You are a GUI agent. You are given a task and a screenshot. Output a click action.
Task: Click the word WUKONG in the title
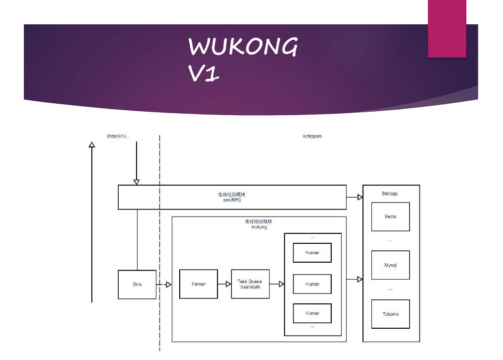pos(243,48)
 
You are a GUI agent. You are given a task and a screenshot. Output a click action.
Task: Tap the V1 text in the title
pos(204,73)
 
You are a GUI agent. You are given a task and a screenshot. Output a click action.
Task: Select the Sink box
pos(137,285)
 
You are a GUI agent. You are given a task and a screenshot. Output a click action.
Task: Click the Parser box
pos(199,284)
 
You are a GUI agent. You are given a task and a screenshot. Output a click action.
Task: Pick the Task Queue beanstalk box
pos(250,284)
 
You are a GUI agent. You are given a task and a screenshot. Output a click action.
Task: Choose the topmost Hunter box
pos(312,253)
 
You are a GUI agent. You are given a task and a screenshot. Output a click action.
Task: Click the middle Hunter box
pos(312,284)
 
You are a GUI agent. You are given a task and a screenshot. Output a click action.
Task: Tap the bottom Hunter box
pos(312,313)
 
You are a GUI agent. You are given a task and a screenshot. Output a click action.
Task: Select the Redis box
pos(390,216)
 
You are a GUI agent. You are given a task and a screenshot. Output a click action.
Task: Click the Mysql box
pos(390,265)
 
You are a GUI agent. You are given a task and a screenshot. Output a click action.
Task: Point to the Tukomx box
pos(390,314)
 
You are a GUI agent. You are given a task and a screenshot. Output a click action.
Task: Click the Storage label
pos(390,194)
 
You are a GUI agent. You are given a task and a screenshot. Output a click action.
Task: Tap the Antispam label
pos(312,136)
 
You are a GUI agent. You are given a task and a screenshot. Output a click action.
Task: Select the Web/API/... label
pos(119,136)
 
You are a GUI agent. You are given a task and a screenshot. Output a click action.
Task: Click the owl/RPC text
pos(232,201)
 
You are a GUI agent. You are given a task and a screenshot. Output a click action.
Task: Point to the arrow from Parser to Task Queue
pos(224,285)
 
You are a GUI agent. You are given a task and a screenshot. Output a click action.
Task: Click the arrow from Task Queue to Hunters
pos(277,285)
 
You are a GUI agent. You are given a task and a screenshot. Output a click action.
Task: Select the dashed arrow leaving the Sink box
pos(164,285)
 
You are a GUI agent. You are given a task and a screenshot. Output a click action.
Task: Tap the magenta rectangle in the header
pos(447,29)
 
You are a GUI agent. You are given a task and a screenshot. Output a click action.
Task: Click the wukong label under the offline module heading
pos(259,227)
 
